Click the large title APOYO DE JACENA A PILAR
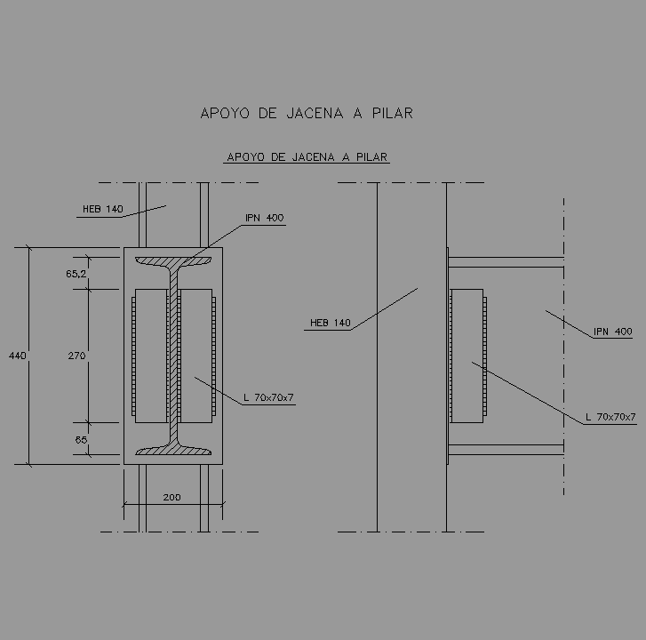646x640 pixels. (x=307, y=113)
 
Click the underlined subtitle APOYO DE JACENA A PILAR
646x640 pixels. (x=307, y=157)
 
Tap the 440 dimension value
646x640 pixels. (x=17, y=356)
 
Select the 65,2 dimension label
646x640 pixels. (x=76, y=274)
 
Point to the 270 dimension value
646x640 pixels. (x=76, y=356)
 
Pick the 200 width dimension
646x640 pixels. (x=171, y=497)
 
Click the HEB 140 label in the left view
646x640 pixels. (x=102, y=209)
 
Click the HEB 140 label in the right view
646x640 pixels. (x=330, y=323)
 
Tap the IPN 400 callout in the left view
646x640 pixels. (x=265, y=218)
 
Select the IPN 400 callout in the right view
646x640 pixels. (x=612, y=332)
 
